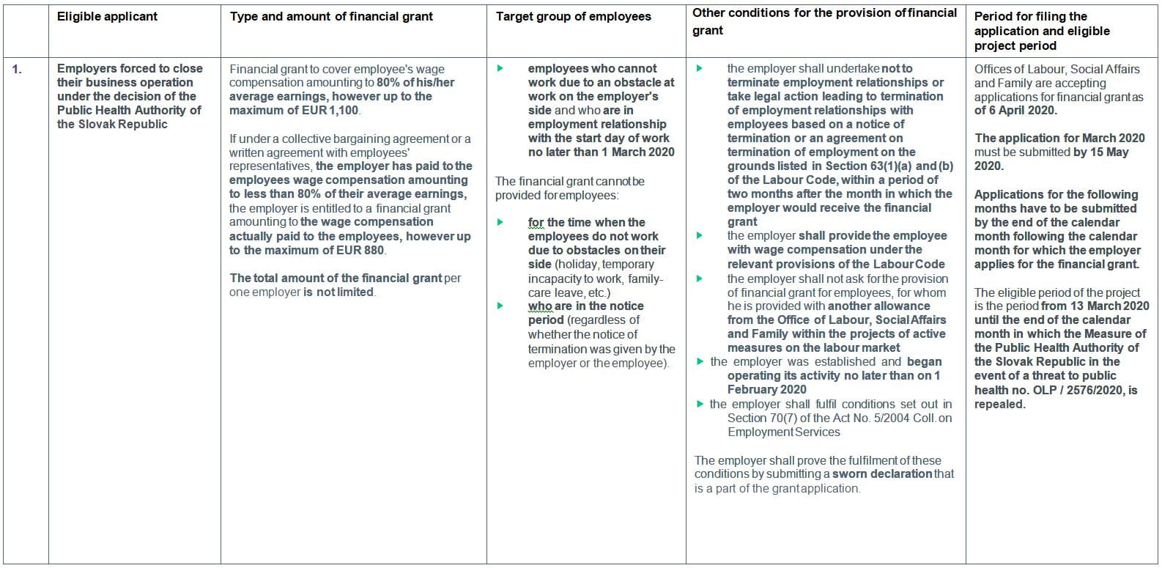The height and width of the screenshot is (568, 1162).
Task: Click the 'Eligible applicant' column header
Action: click(107, 16)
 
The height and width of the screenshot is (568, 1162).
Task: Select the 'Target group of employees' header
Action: click(573, 16)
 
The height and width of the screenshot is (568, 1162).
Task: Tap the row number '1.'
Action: click(17, 69)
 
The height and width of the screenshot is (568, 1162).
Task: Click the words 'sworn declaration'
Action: click(881, 474)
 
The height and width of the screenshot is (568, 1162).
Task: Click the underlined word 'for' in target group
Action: click(536, 223)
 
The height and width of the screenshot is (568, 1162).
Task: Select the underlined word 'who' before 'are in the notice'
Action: click(539, 306)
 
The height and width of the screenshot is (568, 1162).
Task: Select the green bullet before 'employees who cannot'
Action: click(500, 69)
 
